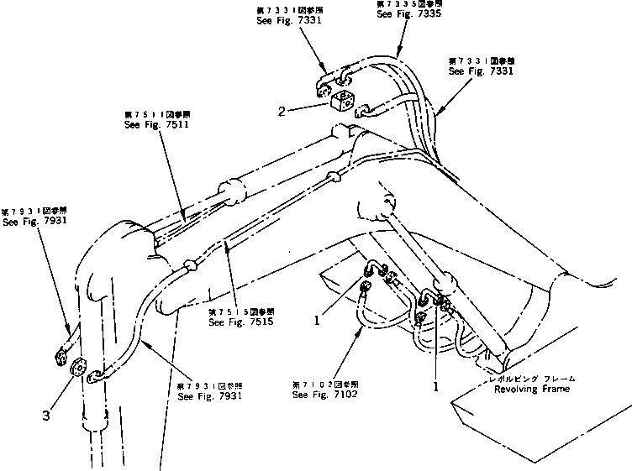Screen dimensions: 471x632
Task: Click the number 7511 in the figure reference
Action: (166, 123)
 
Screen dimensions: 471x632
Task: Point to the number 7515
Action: (251, 322)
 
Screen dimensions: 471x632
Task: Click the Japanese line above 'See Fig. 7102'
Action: (320, 383)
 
